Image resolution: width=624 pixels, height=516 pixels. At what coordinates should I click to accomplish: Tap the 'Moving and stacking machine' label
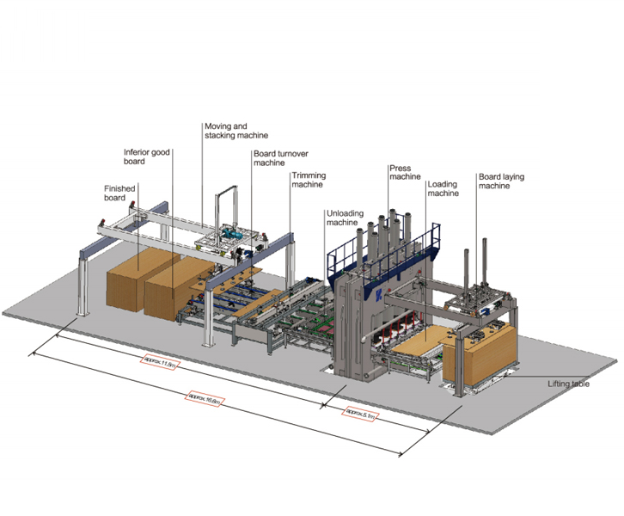coord(236,131)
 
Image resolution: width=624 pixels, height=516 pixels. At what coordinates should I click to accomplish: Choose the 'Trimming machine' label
coord(308,181)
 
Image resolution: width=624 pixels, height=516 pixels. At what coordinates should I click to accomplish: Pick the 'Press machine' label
coord(404,173)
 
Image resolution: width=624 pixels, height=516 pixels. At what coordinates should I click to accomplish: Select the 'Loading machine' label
coord(443,188)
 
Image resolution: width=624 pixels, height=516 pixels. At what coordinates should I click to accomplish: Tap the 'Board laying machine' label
coord(500,181)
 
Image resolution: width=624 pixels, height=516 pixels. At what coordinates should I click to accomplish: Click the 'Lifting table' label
coord(568,384)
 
